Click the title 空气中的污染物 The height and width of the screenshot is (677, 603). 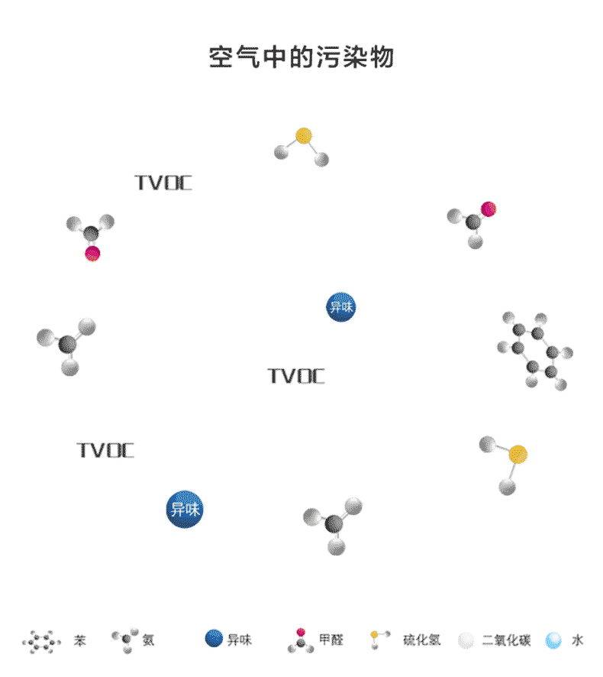[x=301, y=57]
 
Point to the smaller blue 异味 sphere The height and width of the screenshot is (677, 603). [x=340, y=307]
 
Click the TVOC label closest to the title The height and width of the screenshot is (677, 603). [x=163, y=183]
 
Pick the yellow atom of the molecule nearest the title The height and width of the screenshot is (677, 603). [x=304, y=136]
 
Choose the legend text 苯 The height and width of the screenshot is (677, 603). [x=79, y=640]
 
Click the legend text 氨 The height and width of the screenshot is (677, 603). [x=148, y=640]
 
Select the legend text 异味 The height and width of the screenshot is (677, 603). [x=240, y=640]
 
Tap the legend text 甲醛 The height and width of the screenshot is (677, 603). [x=331, y=640]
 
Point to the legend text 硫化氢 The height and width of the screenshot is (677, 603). [x=421, y=640]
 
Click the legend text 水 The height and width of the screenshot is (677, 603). [x=578, y=640]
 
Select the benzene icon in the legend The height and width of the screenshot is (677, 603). [x=41, y=641]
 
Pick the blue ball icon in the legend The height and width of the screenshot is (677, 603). [x=214, y=640]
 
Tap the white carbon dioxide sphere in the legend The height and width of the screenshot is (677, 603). [x=466, y=640]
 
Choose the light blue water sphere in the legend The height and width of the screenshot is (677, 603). [x=553, y=640]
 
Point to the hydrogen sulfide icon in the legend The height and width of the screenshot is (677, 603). [x=379, y=639]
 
